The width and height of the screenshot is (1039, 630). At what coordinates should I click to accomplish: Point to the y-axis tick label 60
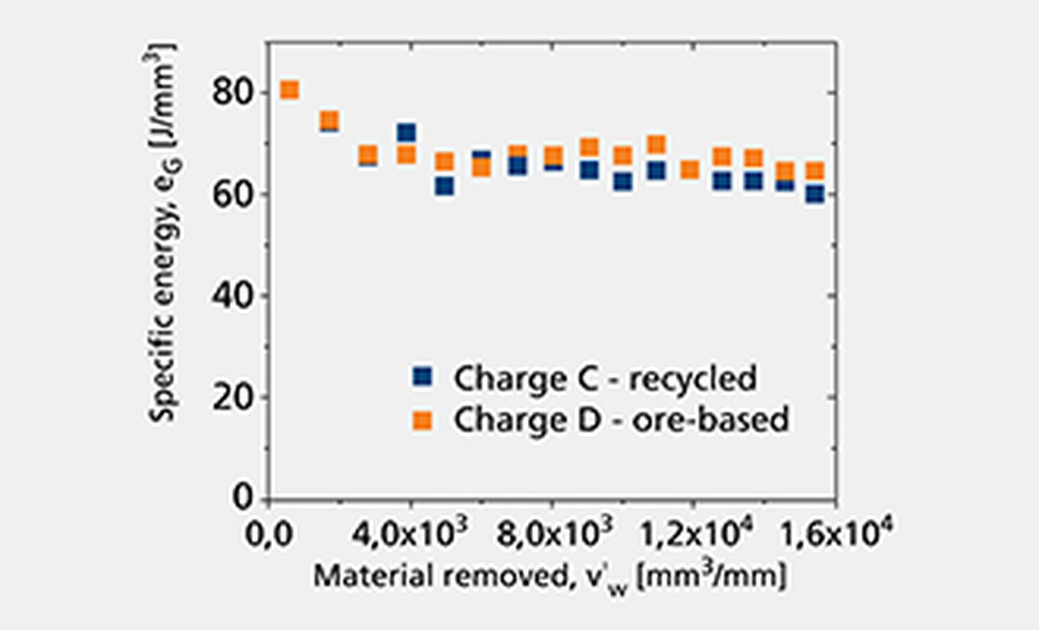(x=234, y=194)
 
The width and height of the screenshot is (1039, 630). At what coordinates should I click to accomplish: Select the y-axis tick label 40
(x=234, y=296)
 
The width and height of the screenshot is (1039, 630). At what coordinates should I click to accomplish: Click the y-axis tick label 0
(x=243, y=498)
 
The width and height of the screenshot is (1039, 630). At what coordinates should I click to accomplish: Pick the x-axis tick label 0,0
(x=269, y=535)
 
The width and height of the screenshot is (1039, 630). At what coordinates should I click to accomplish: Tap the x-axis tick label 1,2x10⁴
(x=696, y=533)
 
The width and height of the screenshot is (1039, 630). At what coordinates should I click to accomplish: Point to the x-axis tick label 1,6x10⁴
(x=837, y=533)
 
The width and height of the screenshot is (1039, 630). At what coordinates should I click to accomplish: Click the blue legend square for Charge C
(x=422, y=376)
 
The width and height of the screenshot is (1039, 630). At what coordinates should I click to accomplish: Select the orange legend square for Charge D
(x=422, y=421)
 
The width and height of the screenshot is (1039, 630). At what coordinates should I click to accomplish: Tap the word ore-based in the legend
(x=711, y=420)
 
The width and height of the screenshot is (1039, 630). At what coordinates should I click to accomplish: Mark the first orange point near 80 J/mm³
(x=290, y=90)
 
